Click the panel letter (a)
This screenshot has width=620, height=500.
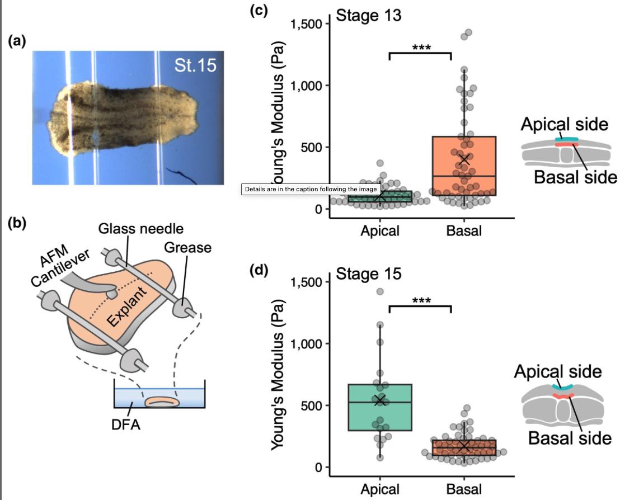click(17, 41)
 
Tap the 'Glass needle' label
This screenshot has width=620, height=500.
click(141, 228)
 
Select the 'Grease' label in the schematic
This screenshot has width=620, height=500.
click(187, 247)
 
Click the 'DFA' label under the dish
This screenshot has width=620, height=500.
click(126, 424)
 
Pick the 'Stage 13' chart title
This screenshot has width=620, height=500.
click(369, 16)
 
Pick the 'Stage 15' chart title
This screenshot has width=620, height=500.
click(369, 273)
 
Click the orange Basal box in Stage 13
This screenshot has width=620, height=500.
click(464, 166)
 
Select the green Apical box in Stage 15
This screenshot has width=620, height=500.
click(380, 407)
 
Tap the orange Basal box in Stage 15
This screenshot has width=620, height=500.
click(464, 447)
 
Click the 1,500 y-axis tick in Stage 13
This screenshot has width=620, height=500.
click(307, 24)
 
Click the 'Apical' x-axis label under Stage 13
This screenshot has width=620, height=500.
click(380, 230)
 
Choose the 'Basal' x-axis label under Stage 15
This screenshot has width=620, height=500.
click(464, 489)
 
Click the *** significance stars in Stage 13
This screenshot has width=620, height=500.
click(421, 48)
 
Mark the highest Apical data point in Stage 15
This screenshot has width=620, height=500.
click(380, 292)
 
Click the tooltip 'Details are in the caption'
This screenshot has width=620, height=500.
click(311, 189)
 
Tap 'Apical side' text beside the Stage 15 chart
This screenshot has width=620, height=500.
click(558, 371)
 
